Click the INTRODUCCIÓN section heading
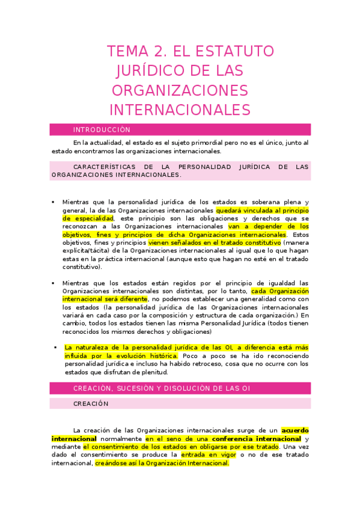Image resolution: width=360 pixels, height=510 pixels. (x=102, y=130)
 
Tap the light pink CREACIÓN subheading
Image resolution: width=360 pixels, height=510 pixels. (x=91, y=404)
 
